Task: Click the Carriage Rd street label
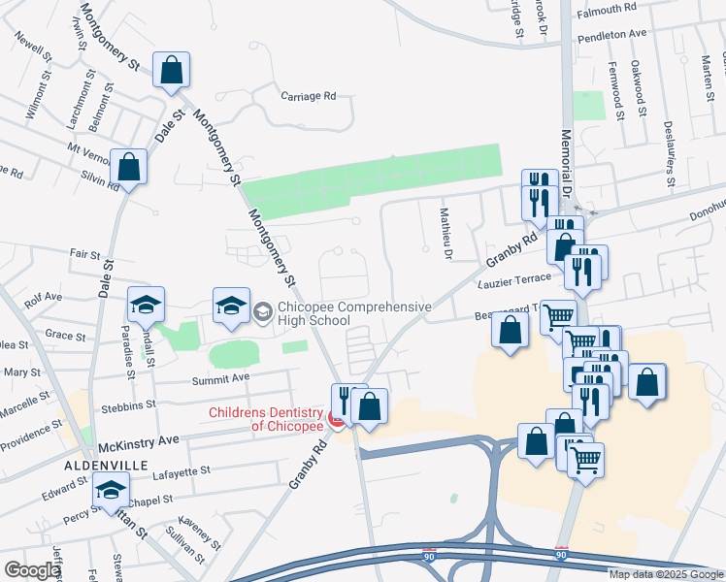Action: [308, 96]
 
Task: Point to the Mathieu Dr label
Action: [446, 234]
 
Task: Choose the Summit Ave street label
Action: [220, 377]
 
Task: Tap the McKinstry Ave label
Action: [139, 440]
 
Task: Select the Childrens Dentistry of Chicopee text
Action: [267, 420]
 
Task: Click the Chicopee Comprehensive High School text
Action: [354, 313]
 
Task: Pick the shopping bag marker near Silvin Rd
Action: [128, 168]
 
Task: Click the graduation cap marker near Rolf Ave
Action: [146, 306]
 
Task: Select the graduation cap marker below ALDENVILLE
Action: [112, 491]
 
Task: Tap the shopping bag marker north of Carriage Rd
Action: [171, 70]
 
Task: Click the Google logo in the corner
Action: [32, 570]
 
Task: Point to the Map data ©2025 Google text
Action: [666, 574]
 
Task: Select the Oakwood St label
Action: [637, 87]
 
